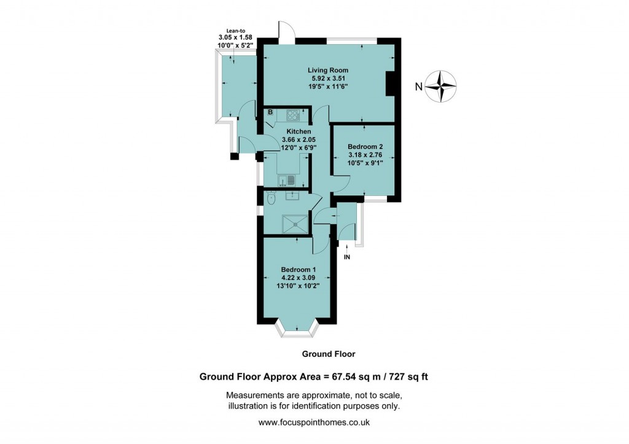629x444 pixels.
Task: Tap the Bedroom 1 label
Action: [x=299, y=270]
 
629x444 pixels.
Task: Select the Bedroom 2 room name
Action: [x=365, y=147]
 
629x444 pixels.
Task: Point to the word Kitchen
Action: [x=298, y=131]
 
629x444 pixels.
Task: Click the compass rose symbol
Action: [x=443, y=86]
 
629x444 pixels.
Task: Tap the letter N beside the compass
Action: [x=418, y=87]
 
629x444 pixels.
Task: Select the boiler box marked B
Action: [x=270, y=112]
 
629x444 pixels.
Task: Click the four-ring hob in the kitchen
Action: [x=292, y=114]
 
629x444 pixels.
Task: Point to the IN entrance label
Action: [x=347, y=257]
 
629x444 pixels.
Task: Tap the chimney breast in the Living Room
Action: [x=389, y=84]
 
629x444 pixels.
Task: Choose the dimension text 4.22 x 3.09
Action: [x=299, y=278]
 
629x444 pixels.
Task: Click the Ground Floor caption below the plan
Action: [x=328, y=354]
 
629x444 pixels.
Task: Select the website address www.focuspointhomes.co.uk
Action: [x=314, y=423]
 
